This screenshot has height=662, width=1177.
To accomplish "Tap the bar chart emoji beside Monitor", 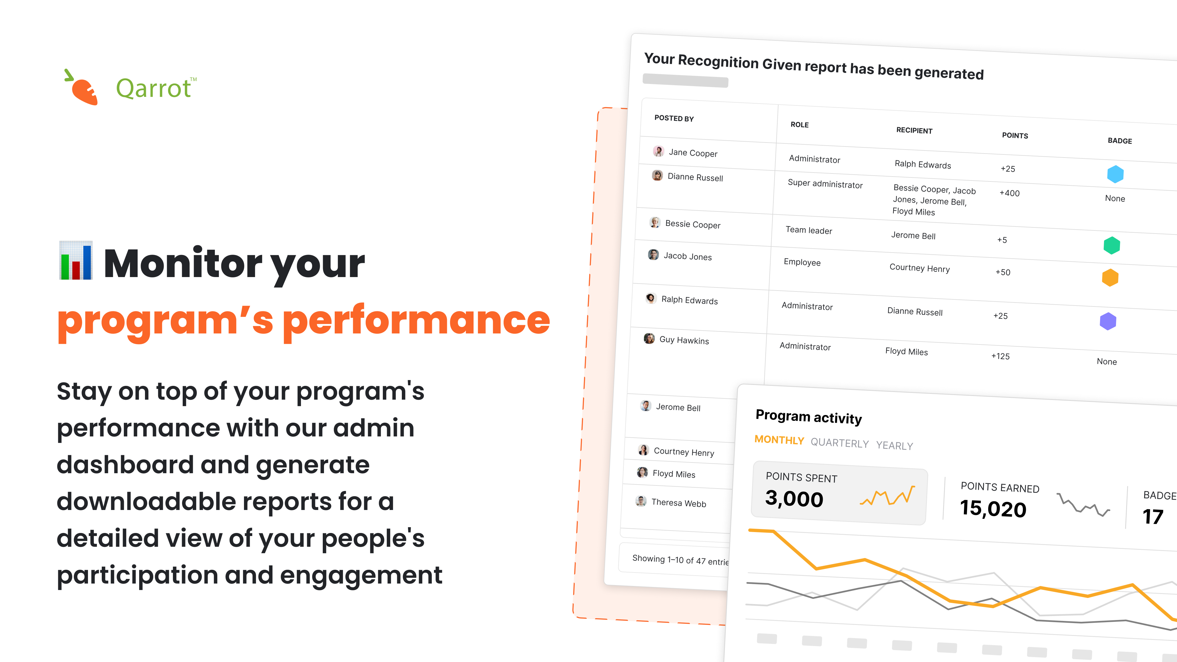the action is point(76,261).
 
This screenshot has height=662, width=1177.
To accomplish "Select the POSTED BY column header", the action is point(674,118).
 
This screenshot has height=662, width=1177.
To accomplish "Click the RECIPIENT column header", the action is point(914,130).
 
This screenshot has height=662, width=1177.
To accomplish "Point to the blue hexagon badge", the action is point(1115,174).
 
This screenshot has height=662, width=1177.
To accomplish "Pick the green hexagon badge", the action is point(1112,245).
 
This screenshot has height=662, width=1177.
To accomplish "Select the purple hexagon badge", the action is point(1108,321).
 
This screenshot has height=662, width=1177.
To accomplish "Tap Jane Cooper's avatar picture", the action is point(658,151).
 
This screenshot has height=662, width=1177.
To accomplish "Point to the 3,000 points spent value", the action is point(794,498).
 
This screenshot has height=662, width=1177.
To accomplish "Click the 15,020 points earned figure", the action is point(993,508).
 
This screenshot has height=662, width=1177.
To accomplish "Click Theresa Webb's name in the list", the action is point(679,503).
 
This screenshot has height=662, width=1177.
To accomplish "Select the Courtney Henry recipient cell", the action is point(919,268).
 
